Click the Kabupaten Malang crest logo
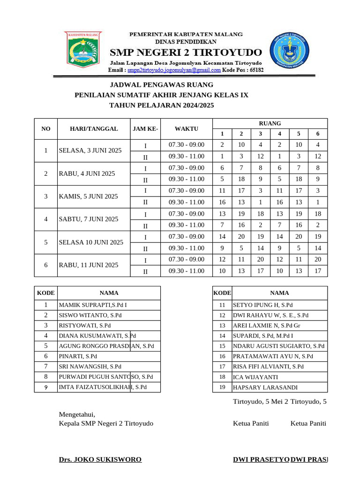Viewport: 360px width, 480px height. pos(82,50)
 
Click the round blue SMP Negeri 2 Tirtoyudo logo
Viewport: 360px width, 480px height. pos(289,52)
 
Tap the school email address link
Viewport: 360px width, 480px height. pos(174,70)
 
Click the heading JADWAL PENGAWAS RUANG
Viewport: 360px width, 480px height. pos(161,85)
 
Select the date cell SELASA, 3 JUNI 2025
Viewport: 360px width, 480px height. pos(90,150)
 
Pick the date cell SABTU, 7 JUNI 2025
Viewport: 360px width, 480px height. pos(89,219)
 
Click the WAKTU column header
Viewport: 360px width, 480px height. pos(186,129)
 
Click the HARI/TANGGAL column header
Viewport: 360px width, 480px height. pos(94,129)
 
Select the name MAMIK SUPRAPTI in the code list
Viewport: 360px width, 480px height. pos(92,305)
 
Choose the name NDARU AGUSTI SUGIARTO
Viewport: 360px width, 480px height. pos(278,346)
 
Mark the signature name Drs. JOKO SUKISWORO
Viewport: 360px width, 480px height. pos(100,459)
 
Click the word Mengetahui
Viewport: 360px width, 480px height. pos(77,414)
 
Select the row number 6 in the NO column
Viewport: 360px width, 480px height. pos(46,265)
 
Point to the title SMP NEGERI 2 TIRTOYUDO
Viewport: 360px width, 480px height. pos(186,51)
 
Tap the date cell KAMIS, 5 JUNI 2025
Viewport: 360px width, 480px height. pos(88,196)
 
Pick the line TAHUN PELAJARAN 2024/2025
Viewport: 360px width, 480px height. pos(161,105)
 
